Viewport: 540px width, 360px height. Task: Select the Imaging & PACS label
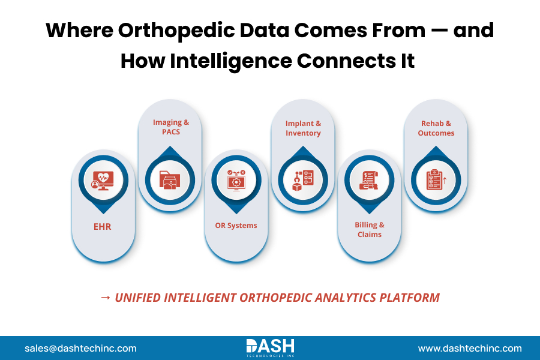[170, 127]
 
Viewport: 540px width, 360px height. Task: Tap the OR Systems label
[236, 226]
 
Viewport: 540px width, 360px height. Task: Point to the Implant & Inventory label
[303, 128]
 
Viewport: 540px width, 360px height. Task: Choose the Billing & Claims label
[370, 229]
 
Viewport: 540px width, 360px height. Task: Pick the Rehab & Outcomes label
[436, 128]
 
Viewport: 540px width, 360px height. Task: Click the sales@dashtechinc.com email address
[80, 348]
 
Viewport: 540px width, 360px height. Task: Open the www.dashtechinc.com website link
[470, 348]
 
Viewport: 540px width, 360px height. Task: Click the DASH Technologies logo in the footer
[270, 347]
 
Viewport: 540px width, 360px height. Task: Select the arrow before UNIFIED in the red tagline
[105, 298]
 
